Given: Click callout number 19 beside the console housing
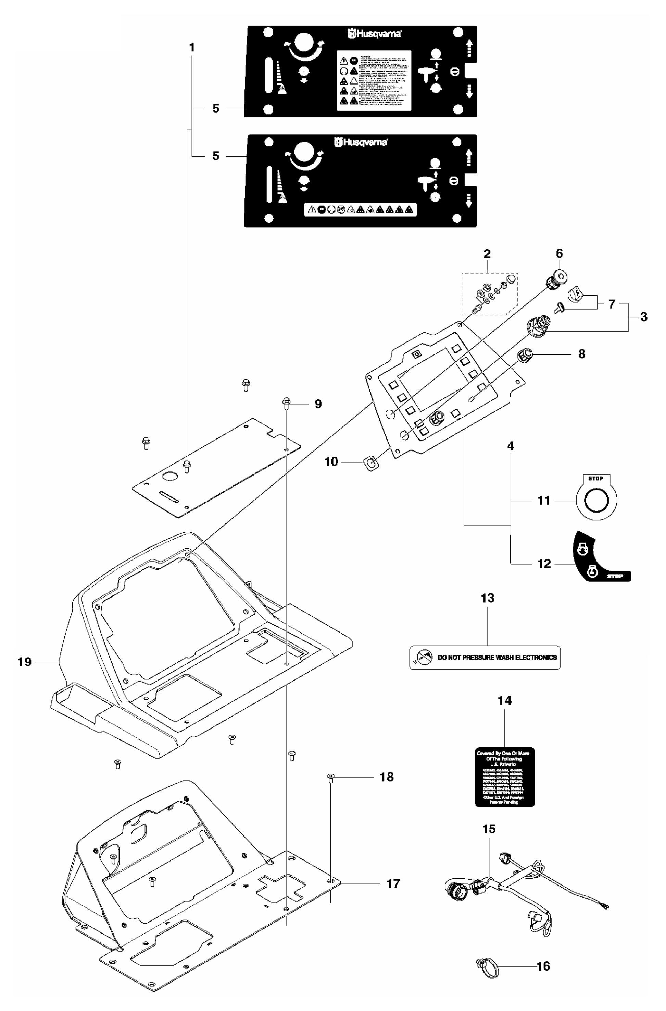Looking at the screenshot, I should [x=24, y=662].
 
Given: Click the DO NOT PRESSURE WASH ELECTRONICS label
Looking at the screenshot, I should [x=484, y=657].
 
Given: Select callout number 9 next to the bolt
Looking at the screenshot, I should [x=318, y=404].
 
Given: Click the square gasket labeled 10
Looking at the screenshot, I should [x=371, y=462].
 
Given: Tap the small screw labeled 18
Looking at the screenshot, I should [x=331, y=777].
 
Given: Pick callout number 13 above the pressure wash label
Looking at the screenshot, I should [x=488, y=598].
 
